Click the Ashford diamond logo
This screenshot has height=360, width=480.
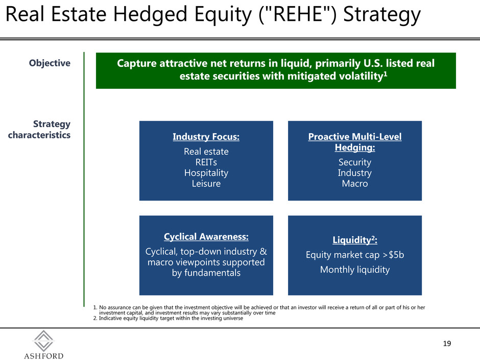44,341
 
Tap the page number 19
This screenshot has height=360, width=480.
447,344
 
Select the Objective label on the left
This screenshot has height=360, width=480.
50,63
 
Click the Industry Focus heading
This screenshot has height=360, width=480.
206,136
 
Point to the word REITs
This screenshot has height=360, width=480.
206,162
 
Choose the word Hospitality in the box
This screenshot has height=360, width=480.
206,173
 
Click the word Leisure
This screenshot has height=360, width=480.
206,184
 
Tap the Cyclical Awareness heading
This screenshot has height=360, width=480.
206,236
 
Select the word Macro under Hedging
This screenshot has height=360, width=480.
355,184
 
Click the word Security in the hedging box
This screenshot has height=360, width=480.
355,162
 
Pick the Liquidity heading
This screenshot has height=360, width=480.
355,239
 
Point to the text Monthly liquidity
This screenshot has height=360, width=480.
355,270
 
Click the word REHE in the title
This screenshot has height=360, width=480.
298,14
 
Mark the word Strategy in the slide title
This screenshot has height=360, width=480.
382,15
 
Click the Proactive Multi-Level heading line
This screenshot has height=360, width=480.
355,136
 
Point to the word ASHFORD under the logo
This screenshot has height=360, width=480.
44,356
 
